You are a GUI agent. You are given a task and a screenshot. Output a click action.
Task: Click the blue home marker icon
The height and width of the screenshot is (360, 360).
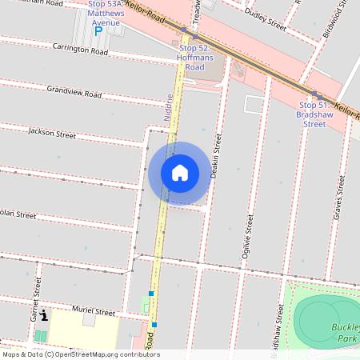point(180,173)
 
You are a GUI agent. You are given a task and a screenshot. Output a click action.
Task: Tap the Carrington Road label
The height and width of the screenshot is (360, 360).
point(80,50)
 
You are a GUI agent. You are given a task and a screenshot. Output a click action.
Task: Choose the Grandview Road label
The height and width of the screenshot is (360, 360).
point(74,92)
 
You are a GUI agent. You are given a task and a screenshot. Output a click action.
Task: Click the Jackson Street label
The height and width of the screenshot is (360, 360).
point(52,133)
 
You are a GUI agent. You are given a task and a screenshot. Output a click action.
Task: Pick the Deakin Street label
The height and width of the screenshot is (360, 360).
point(215,156)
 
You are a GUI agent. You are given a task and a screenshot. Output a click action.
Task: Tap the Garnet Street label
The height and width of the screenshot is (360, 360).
point(34,294)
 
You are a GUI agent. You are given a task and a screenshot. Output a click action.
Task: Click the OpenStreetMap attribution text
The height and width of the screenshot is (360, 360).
point(80,354)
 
